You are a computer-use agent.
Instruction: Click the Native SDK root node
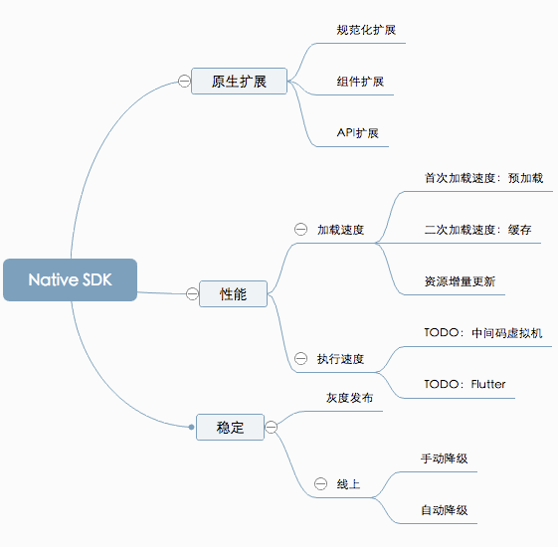(70, 279)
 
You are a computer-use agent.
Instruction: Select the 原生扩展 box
(239, 82)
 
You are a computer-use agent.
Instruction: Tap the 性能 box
(233, 294)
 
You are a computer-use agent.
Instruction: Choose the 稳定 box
(230, 427)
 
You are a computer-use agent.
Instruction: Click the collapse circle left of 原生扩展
(184, 82)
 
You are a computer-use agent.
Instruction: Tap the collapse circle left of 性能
(192, 294)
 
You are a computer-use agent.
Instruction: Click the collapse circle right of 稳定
(272, 427)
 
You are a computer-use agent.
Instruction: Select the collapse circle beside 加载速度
(300, 229)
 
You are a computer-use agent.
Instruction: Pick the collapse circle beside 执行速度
(300, 358)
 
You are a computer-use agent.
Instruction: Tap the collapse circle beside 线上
(320, 483)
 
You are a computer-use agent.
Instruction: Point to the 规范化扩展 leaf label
(366, 30)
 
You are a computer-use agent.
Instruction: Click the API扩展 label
(358, 133)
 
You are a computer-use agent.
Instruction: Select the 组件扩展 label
(360, 82)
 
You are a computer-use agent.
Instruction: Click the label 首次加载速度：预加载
(483, 178)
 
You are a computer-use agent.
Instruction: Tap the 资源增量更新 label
(460, 281)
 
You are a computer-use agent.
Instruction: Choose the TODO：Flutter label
(465, 384)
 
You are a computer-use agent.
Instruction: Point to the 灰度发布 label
(349, 398)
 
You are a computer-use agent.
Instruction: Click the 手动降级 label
(445, 458)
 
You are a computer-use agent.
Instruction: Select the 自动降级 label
(445, 510)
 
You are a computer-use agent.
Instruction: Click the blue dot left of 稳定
(191, 427)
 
